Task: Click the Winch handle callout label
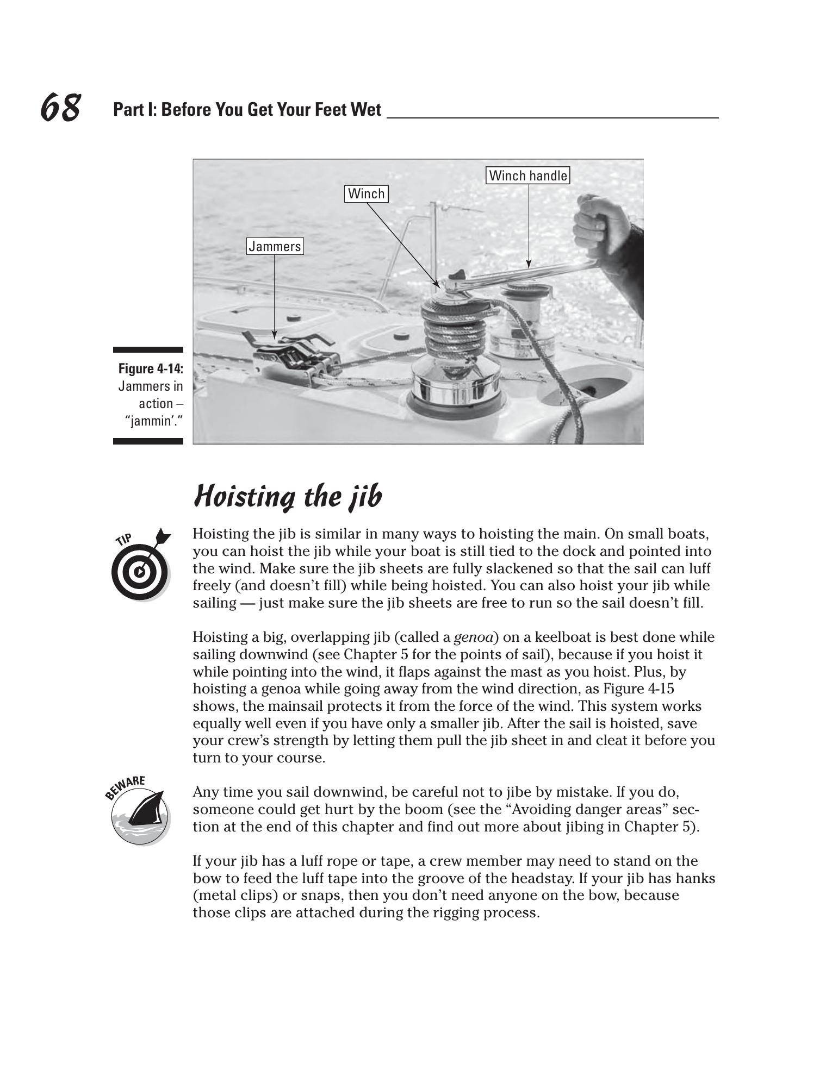point(527,176)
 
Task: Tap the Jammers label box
point(275,246)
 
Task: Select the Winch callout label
point(366,193)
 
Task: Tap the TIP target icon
point(141,565)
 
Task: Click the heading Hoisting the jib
point(288,496)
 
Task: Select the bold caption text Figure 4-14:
point(151,369)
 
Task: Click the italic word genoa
point(473,637)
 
